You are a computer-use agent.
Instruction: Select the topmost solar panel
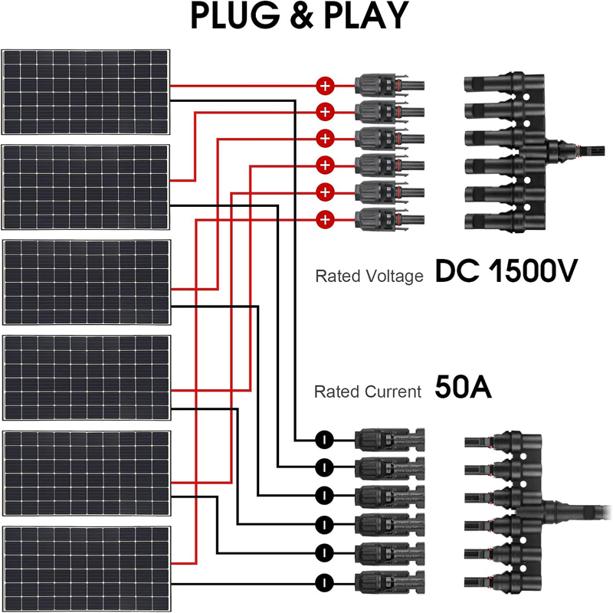point(86,93)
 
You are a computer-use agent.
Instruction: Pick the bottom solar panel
point(87,565)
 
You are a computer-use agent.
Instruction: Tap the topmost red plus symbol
point(325,86)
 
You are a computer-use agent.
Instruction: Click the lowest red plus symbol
point(325,221)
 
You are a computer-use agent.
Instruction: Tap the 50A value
point(462,388)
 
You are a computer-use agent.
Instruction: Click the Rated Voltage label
point(369,276)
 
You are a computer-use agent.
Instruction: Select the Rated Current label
point(368,392)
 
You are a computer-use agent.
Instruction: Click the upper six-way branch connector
point(509,153)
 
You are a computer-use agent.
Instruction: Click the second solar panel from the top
point(86,187)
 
